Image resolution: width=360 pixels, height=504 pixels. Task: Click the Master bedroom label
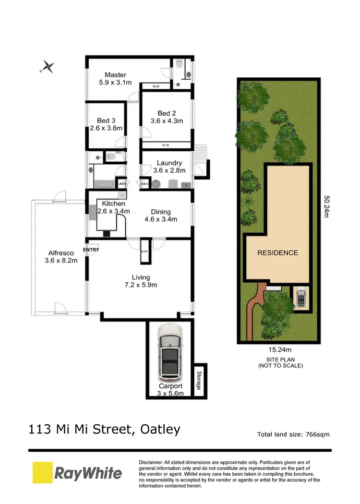tap(116, 74)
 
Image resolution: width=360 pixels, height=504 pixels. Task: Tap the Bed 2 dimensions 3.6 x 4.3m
tap(167, 121)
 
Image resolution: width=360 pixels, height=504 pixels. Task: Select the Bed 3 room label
tap(106, 120)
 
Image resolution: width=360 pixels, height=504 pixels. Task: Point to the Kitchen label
tap(113, 204)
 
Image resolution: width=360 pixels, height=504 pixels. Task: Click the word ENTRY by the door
tap(91, 250)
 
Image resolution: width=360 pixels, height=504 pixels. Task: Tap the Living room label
tap(141, 277)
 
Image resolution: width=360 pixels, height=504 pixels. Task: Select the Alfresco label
tap(60, 253)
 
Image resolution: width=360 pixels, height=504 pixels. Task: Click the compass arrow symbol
tap(48, 67)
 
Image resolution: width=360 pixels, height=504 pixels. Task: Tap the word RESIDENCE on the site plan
tap(277, 252)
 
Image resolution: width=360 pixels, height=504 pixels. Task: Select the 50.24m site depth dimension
tap(326, 206)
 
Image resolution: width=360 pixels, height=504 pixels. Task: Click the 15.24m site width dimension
tap(277, 350)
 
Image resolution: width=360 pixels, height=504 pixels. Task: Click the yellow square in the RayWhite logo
tap(42, 473)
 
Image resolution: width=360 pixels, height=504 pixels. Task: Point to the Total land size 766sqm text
tap(293, 434)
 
